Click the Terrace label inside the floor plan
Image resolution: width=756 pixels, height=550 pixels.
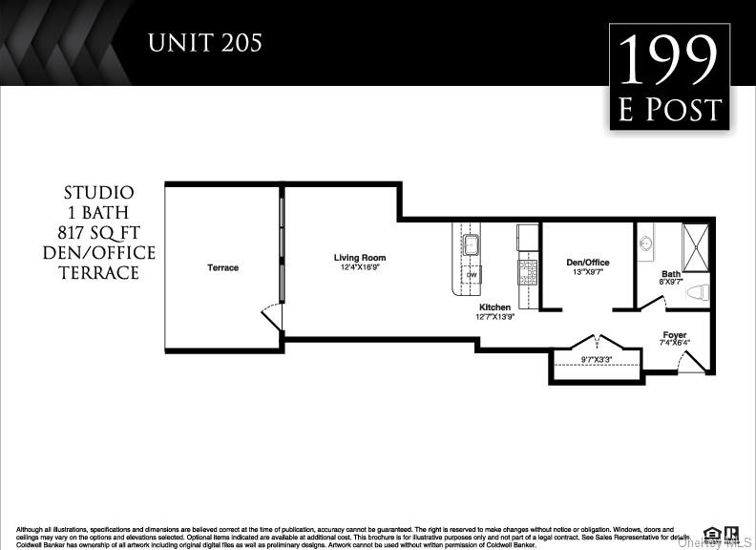[222, 267]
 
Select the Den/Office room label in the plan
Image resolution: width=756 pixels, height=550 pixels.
[587, 263]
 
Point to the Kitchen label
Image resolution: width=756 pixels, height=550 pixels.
[494, 307]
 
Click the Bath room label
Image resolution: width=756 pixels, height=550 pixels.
[671, 274]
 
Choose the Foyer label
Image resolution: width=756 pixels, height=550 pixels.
[675, 335]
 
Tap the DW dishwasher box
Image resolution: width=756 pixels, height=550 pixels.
[472, 275]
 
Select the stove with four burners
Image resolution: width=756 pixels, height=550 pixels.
[528, 270]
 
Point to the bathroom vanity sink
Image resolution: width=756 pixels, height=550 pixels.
[644, 243]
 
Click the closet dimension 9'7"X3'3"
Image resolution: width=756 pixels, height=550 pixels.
[596, 360]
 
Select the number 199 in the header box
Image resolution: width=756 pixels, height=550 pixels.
[668, 62]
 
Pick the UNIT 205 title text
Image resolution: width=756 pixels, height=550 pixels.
[204, 42]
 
